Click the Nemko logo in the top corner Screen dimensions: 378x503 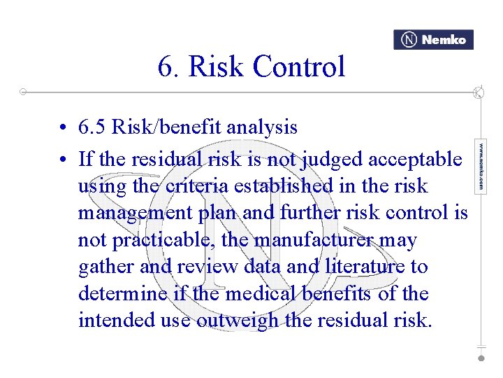[433, 40]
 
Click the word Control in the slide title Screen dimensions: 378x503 [299, 67]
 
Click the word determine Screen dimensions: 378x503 [122, 293]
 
